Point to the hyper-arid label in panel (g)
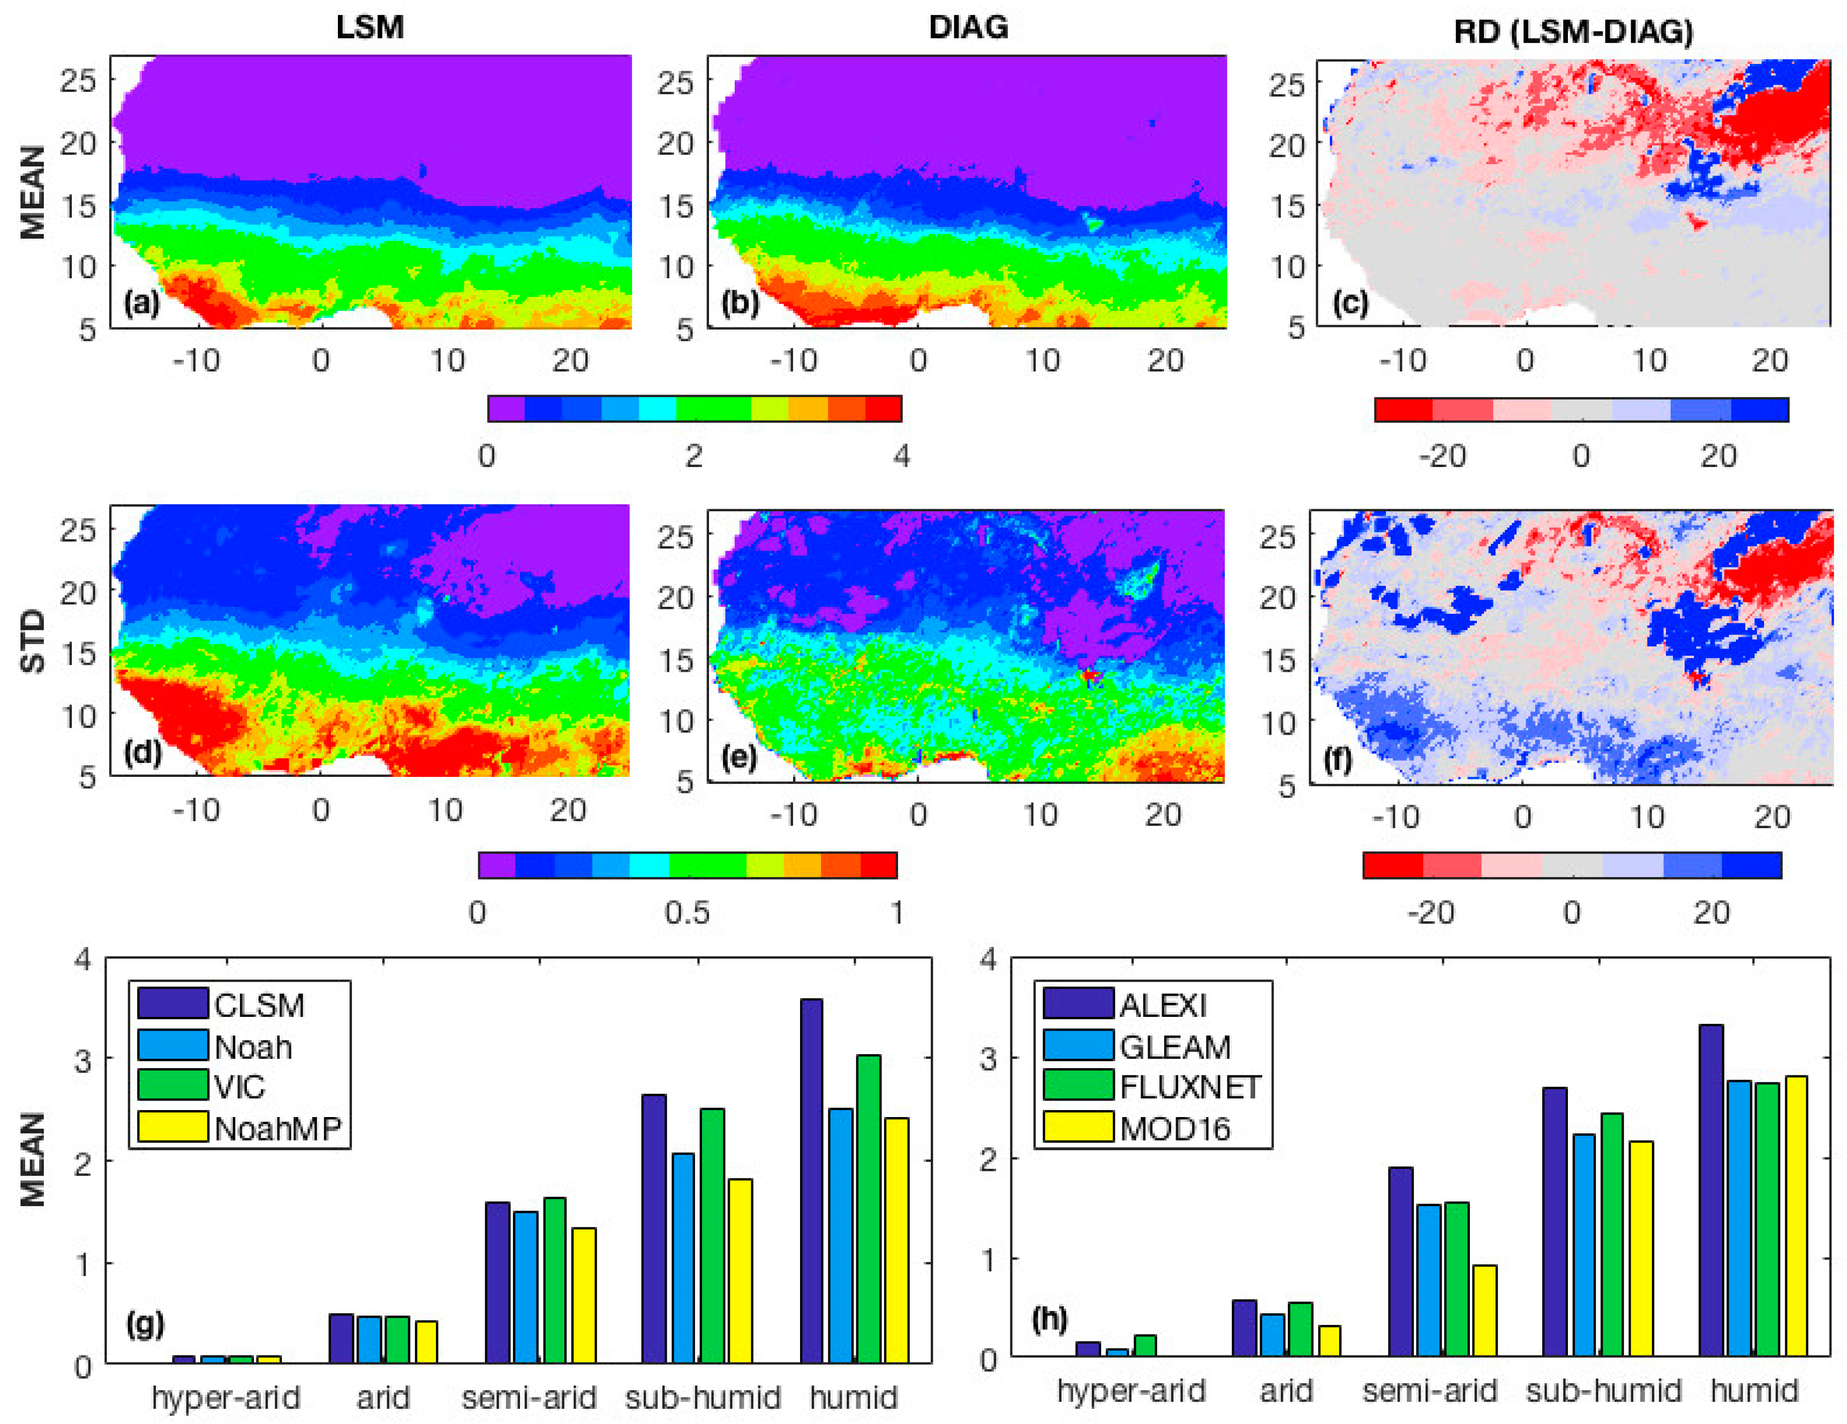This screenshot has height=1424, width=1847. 226,1398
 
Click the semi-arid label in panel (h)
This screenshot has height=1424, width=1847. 1429,1391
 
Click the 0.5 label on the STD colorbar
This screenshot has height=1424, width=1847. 687,913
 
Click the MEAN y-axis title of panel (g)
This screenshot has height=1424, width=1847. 32,1160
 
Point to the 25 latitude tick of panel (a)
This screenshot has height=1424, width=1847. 78,81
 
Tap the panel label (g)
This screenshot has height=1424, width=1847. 145,1324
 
